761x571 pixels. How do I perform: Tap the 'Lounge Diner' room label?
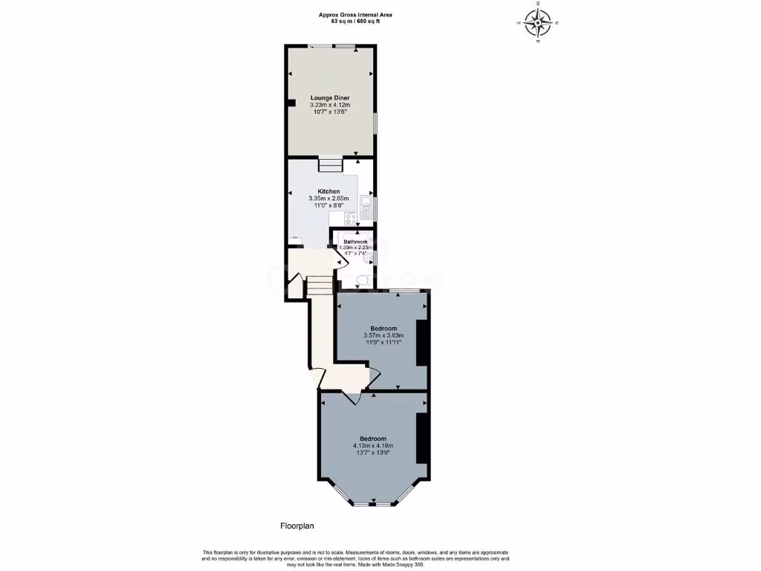[x=330, y=98]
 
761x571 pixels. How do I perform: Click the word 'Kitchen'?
[x=328, y=191]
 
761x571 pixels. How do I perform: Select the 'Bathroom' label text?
[x=354, y=242]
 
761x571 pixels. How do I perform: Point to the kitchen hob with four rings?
[x=349, y=218]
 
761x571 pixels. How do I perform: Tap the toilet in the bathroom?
[x=362, y=280]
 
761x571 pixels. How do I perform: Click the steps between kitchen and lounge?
[x=329, y=165]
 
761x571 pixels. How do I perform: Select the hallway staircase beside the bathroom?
[x=320, y=285]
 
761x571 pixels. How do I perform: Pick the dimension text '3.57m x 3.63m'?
[x=384, y=335]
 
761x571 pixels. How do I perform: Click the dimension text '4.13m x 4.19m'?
[x=372, y=446]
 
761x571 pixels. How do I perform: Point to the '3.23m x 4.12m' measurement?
[x=330, y=106]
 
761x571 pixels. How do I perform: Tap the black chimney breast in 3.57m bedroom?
[x=422, y=342]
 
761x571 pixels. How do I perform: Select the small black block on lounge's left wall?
[x=291, y=103]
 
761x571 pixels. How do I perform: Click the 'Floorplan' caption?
[x=297, y=526]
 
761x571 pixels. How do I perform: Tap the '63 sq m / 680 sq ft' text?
[x=355, y=22]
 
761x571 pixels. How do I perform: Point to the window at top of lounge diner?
[x=332, y=47]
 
